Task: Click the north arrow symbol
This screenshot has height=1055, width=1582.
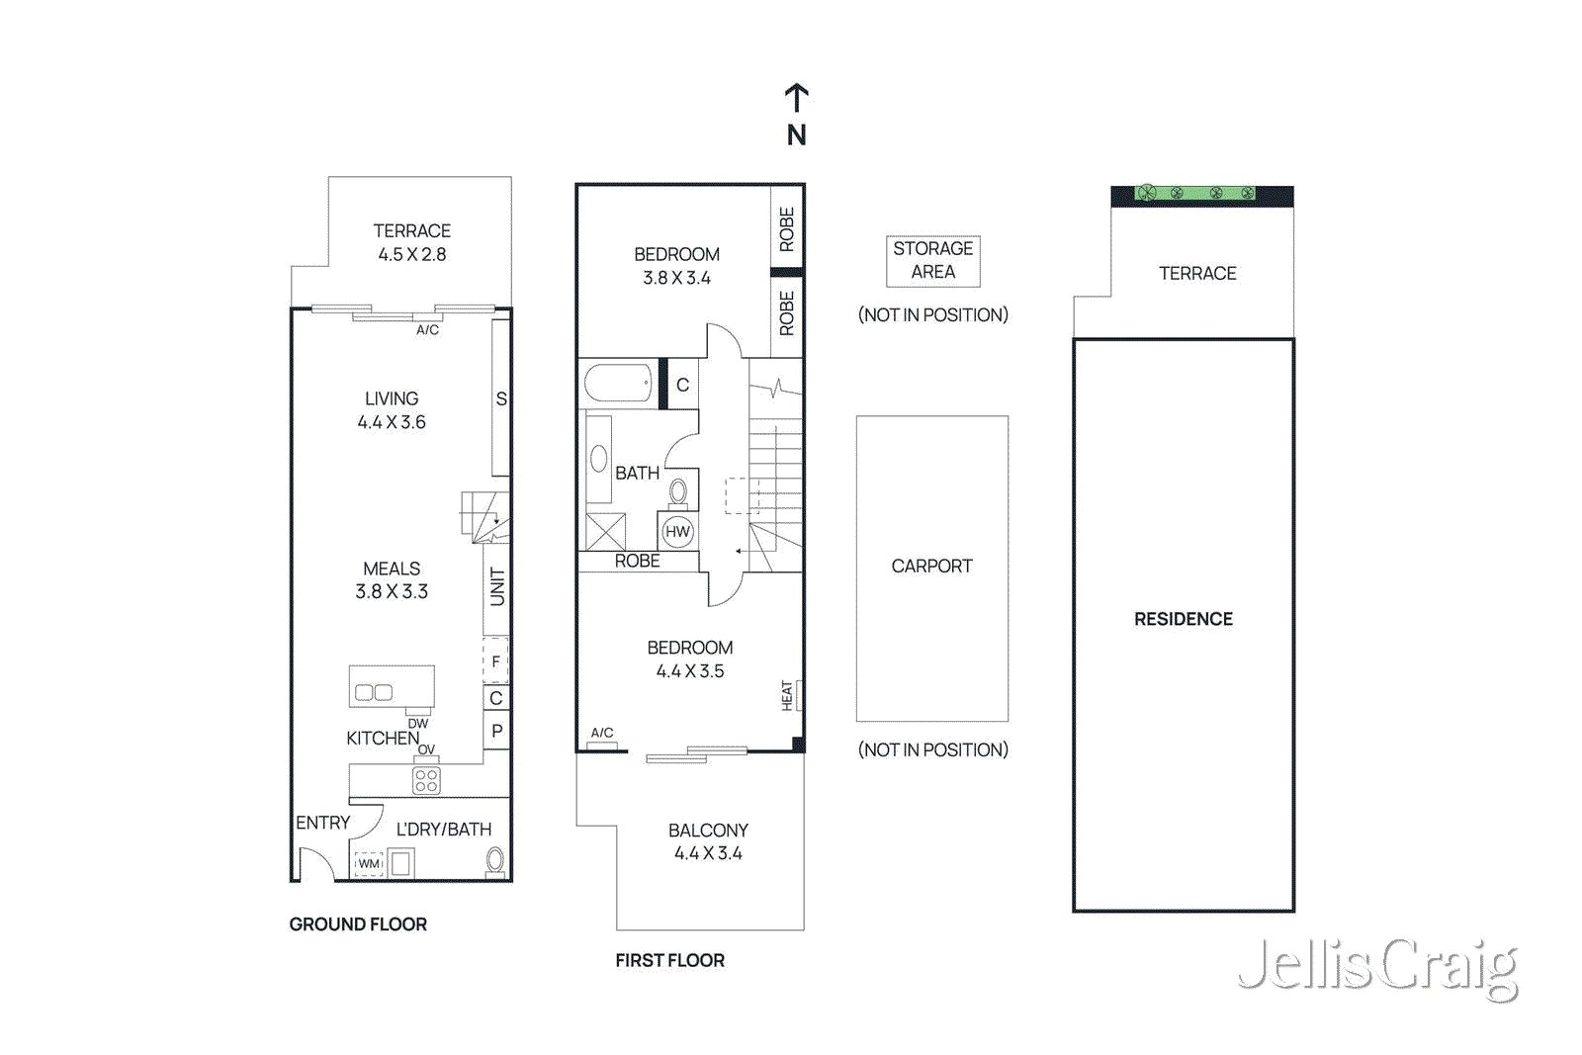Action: click(x=797, y=99)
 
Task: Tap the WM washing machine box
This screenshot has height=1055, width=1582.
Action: click(x=369, y=863)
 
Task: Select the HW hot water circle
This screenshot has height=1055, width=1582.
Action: click(x=677, y=532)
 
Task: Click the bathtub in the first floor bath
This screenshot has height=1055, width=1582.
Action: click(x=618, y=384)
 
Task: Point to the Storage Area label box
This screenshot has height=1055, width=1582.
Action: click(x=932, y=261)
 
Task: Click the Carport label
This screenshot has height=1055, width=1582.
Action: click(x=931, y=567)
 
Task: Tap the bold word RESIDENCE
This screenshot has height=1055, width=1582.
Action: click(x=1183, y=619)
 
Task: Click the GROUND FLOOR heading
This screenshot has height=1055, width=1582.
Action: click(x=358, y=924)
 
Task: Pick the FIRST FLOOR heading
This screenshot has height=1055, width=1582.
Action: click(x=669, y=960)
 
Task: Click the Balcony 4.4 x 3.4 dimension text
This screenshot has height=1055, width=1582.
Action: click(x=708, y=853)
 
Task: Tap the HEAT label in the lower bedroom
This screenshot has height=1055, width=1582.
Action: click(x=788, y=695)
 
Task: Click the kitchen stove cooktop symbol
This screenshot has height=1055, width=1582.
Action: click(x=426, y=780)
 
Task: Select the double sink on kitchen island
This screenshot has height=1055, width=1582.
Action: click(x=374, y=692)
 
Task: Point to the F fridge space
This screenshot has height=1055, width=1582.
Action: click(x=495, y=661)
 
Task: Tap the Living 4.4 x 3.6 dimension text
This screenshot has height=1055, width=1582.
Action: click(x=392, y=422)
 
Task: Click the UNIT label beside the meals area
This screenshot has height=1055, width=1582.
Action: click(x=497, y=587)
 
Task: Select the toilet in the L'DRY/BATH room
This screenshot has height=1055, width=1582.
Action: click(x=495, y=861)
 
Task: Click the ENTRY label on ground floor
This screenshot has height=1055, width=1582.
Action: click(x=323, y=823)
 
